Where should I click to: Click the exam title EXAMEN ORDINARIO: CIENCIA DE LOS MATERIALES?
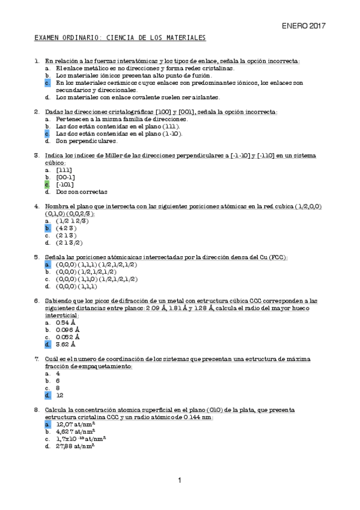tap(120, 38)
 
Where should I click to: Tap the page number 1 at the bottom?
tap(179, 480)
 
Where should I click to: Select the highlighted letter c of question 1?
tap(47, 82)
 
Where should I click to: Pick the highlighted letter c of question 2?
tap(47, 134)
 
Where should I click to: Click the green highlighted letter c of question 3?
tap(47, 185)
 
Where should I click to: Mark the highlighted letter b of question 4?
tap(47, 229)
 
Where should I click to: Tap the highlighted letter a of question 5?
tap(47, 265)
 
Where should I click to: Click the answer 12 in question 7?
tap(59, 395)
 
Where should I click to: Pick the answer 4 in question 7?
tap(58, 373)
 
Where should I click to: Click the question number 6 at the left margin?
tap(37, 301)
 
